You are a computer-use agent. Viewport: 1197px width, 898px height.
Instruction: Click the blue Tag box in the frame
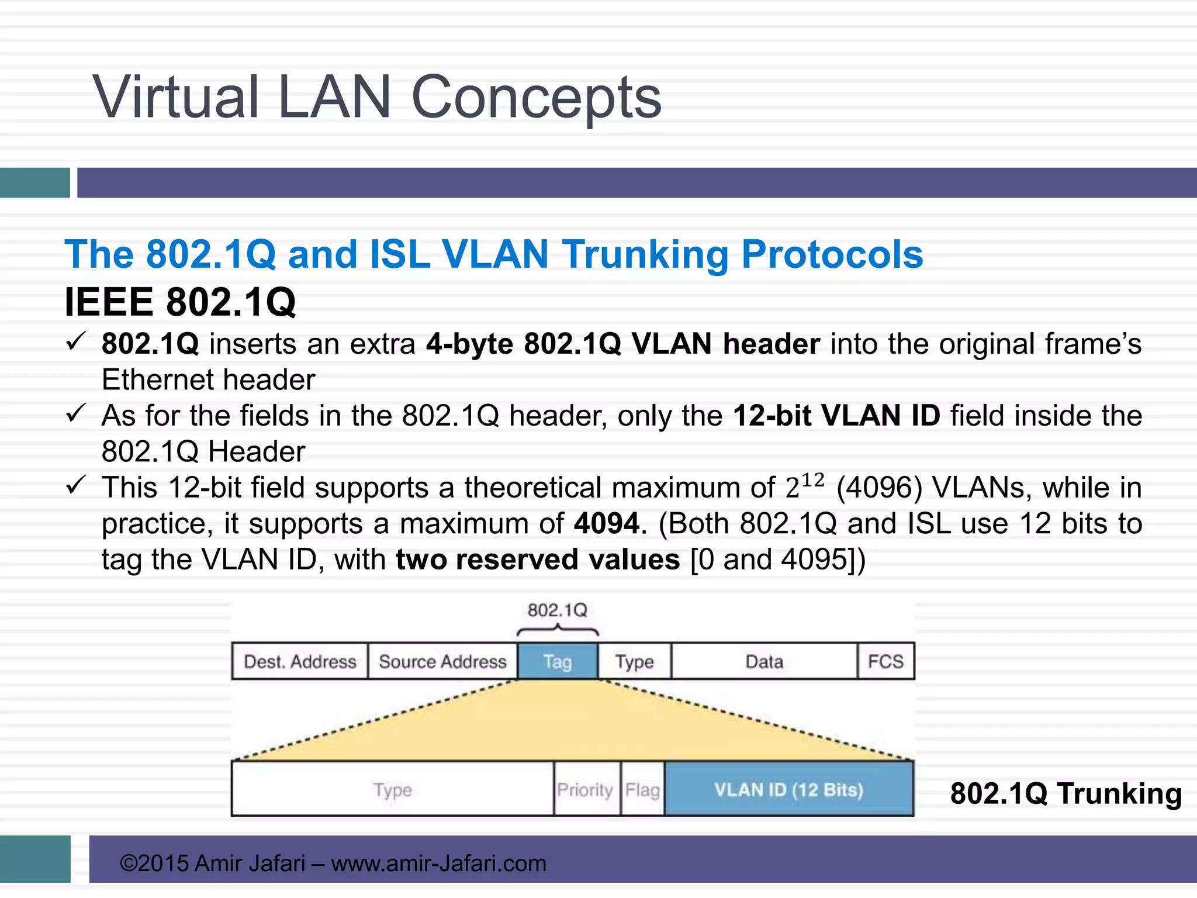558,661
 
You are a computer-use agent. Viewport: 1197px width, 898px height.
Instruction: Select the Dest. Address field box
300,661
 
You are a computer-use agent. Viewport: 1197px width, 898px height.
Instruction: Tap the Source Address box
442,661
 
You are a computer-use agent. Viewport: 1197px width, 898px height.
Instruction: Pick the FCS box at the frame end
885,661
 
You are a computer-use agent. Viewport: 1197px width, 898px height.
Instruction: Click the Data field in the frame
764,661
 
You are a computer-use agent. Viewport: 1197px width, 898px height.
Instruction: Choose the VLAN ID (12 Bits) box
788,789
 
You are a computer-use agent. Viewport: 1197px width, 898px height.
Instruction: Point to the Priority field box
585,789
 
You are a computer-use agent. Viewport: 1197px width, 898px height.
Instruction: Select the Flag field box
642,789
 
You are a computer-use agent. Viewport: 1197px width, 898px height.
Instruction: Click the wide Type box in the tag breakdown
392,789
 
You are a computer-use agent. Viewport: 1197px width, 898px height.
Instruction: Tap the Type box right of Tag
634,661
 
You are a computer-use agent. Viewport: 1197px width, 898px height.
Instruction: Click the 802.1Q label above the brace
557,610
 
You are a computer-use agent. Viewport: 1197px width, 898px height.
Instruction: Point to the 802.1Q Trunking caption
1065,793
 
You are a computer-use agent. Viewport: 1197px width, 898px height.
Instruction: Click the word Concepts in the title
536,97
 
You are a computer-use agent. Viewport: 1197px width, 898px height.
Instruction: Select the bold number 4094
607,523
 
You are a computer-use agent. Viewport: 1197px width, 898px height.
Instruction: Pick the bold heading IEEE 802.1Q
180,302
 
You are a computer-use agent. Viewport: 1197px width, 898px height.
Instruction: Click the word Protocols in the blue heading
832,254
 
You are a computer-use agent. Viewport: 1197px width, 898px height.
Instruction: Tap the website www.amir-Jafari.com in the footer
438,863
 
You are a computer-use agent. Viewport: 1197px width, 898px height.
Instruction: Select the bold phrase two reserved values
538,559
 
